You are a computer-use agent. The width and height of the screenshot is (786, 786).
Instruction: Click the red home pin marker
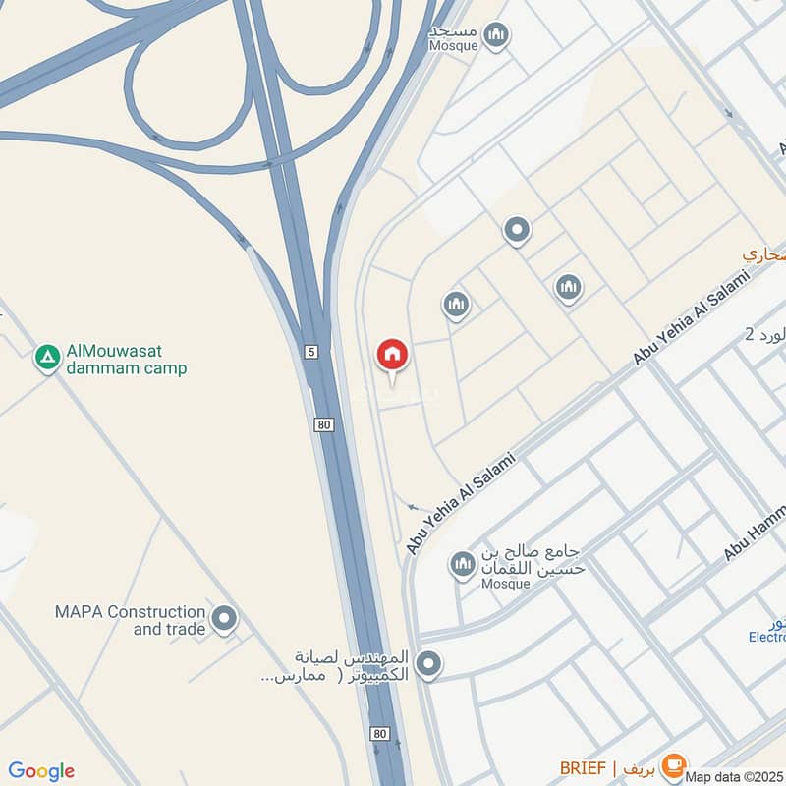(392, 355)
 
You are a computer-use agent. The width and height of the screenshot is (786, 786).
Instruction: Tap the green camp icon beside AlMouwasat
(47, 359)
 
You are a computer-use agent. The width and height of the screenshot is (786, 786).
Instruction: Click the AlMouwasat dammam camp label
(126, 361)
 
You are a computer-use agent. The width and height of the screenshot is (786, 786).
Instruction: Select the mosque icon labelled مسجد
(497, 37)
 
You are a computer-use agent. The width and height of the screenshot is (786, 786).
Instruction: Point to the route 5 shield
(311, 351)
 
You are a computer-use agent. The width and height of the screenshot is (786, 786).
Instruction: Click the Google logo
(41, 771)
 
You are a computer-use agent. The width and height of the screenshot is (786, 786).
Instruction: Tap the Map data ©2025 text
(734, 777)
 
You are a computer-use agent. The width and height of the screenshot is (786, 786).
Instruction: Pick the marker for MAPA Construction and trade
(225, 619)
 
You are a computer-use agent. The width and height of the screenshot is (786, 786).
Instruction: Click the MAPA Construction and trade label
(131, 620)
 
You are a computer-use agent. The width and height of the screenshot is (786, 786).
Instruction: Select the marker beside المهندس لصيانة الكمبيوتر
(427, 665)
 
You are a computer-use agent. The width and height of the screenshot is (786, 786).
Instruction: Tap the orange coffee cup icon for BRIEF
(673, 764)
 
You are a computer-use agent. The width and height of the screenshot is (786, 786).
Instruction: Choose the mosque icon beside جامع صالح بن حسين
(462, 565)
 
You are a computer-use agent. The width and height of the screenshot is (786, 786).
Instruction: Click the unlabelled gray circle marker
(517, 231)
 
